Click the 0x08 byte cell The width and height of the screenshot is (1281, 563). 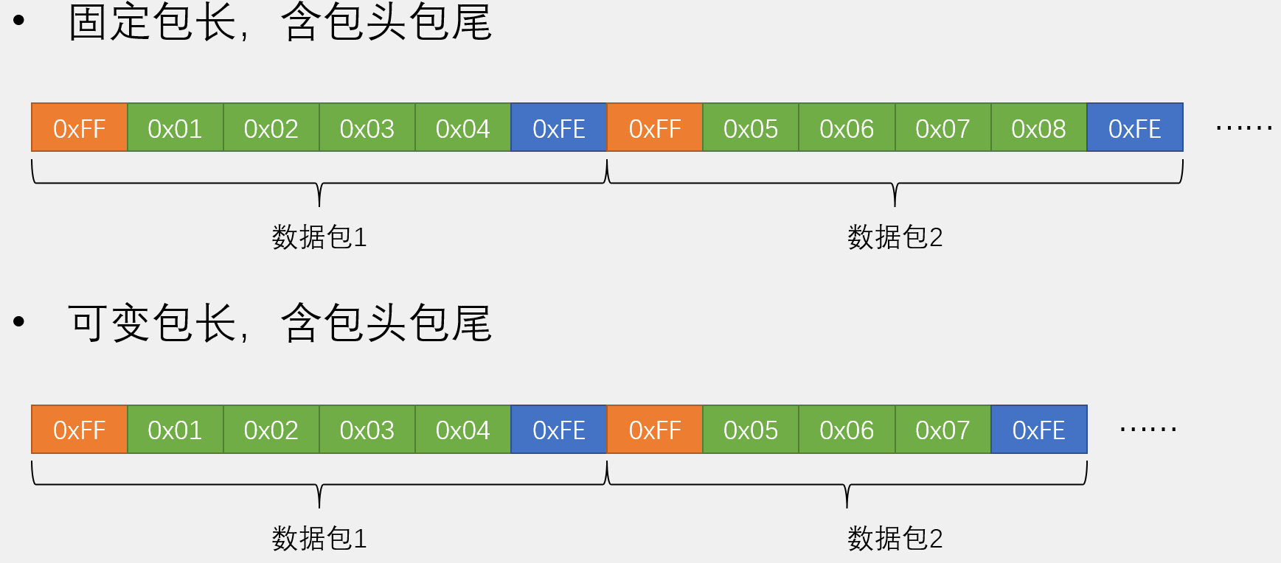click(x=1038, y=127)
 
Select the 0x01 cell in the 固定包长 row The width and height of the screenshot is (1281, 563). click(x=175, y=127)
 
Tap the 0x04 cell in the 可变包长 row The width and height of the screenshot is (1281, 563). click(x=462, y=429)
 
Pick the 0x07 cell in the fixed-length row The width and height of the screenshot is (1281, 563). click(x=942, y=127)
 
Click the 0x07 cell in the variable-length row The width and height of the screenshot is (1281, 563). click(x=942, y=429)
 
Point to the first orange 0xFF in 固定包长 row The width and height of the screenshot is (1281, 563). click(x=79, y=127)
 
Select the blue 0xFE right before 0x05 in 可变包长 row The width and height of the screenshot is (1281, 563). click(x=558, y=429)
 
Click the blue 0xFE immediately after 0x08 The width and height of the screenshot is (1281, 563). click(x=1134, y=127)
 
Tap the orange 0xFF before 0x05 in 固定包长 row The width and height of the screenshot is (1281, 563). click(x=654, y=127)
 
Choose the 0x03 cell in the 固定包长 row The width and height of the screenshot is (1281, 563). click(x=367, y=127)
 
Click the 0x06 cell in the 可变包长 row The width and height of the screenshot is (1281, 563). click(x=847, y=429)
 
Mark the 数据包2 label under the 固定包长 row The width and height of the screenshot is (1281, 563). click(x=895, y=237)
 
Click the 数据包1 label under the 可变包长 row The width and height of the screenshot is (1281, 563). click(x=319, y=539)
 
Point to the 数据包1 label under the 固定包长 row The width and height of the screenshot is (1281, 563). click(x=319, y=237)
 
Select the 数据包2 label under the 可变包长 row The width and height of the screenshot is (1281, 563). click(x=895, y=539)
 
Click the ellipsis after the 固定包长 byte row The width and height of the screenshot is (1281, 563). click(x=1244, y=128)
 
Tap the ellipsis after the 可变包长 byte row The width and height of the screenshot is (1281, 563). click(x=1148, y=430)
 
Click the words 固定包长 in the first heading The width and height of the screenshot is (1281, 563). click(x=153, y=21)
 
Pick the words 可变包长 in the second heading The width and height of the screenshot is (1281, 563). click(x=153, y=323)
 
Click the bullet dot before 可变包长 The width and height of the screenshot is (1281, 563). click(x=19, y=321)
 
